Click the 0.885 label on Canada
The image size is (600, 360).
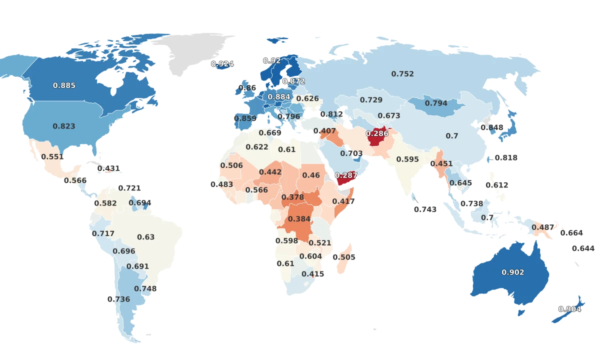[64, 85]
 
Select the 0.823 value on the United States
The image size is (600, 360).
[64, 126]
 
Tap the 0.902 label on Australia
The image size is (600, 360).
[513, 272]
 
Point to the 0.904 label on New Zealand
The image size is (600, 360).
[570, 309]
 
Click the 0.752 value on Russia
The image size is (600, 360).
[402, 74]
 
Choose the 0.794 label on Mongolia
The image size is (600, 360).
[436, 103]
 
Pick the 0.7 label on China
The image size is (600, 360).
[452, 136]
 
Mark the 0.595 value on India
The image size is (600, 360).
[407, 159]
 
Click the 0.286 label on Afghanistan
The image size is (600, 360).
[377, 133]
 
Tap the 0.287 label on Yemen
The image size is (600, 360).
[346, 175]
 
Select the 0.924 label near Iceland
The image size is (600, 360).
[222, 64]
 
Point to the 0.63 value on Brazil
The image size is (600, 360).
[146, 237]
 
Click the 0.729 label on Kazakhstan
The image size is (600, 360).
[371, 100]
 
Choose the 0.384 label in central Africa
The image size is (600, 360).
[299, 219]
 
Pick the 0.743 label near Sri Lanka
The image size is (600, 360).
[425, 209]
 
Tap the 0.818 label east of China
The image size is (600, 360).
[506, 157]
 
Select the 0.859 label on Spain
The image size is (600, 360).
[245, 119]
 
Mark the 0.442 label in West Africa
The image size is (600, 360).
[270, 172]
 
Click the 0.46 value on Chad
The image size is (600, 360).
[311, 175]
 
